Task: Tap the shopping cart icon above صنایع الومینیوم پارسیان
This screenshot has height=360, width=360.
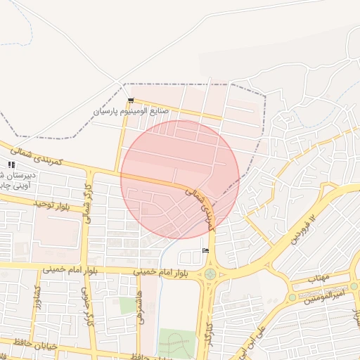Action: pyautogui.click(x=131, y=101)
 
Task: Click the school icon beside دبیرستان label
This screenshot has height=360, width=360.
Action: pyautogui.click(x=11, y=165)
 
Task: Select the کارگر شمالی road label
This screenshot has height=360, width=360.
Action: pyautogui.click(x=89, y=206)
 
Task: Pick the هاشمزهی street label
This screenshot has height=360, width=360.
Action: pyautogui.click(x=141, y=308)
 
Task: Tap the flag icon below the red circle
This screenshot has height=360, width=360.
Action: pyautogui.click(x=205, y=251)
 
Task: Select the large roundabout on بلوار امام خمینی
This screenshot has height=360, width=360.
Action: pyautogui.click(x=210, y=274)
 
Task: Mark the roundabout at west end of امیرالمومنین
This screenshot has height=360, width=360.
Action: pyautogui.click(x=292, y=297)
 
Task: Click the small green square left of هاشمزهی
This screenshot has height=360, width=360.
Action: pyautogui.click(x=127, y=305)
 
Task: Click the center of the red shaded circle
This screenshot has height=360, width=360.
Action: pyautogui.click(x=180, y=179)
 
